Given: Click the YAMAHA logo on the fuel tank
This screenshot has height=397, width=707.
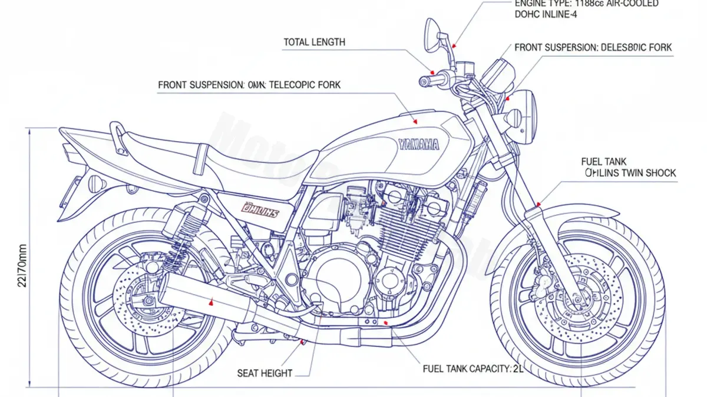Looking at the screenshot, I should [x=418, y=144].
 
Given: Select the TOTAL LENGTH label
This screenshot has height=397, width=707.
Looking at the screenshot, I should [x=315, y=42].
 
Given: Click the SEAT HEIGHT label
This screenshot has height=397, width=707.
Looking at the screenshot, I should [x=265, y=373].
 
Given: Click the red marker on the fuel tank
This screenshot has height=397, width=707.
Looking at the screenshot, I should [x=416, y=121].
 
